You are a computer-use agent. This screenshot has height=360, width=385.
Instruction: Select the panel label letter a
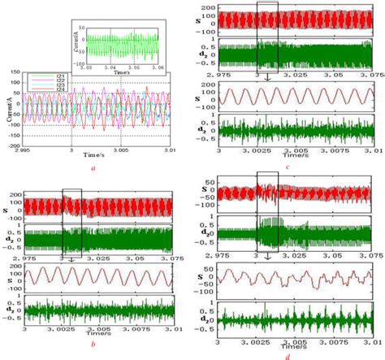(x=94, y=167)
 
